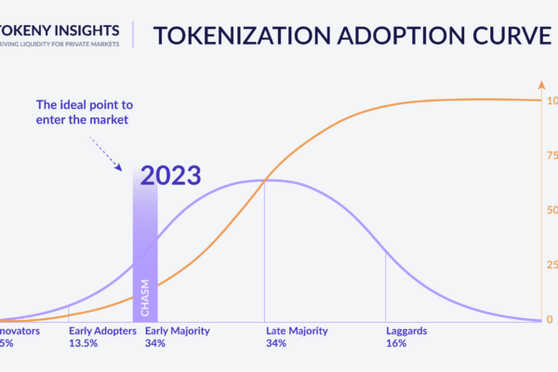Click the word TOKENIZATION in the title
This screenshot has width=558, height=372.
click(228, 36)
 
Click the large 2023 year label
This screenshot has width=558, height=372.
click(172, 176)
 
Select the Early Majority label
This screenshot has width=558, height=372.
click(178, 331)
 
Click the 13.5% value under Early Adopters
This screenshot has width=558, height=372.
click(84, 343)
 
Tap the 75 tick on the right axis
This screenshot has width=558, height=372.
click(551, 156)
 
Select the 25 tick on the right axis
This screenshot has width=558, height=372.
click(551, 265)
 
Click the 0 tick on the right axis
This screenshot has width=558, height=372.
click(549, 320)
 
